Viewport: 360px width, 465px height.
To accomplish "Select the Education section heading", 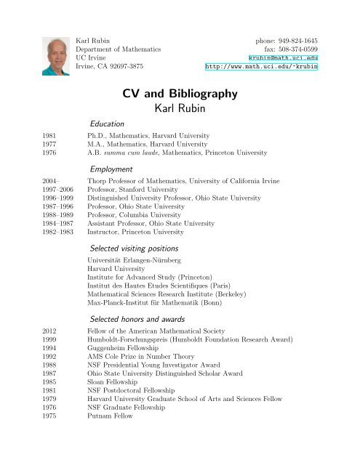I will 106,124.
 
